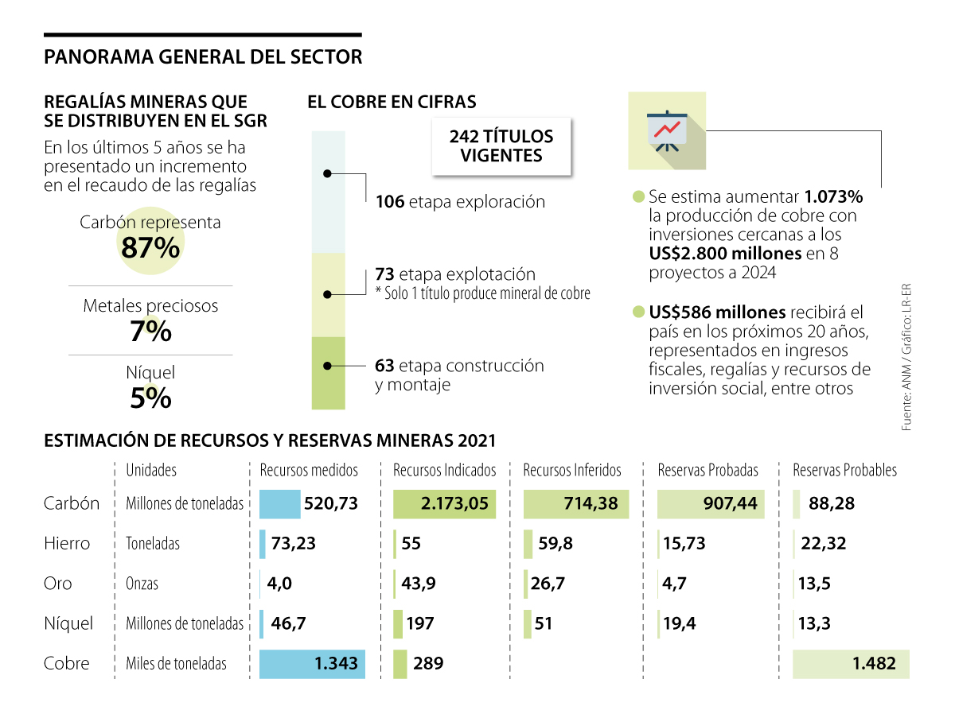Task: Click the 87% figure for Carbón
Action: click(x=151, y=248)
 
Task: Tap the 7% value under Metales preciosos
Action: click(x=151, y=331)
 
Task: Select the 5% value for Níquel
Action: click(x=151, y=398)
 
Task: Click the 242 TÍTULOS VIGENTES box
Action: click(x=501, y=146)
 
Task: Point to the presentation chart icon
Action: click(x=666, y=130)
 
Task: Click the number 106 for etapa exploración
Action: click(x=389, y=202)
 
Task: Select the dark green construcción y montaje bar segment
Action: click(x=328, y=372)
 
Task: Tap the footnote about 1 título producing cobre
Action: click(x=482, y=294)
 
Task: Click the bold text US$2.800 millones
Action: click(x=724, y=254)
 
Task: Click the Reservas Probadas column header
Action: click(x=707, y=471)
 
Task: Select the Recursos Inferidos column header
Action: click(x=571, y=471)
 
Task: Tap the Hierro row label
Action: click(x=67, y=544)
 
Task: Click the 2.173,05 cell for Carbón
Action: click(x=444, y=503)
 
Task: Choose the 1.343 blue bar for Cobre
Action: click(x=312, y=663)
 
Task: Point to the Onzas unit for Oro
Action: click(x=142, y=584)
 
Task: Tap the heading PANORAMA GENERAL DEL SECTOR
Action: click(x=203, y=57)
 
